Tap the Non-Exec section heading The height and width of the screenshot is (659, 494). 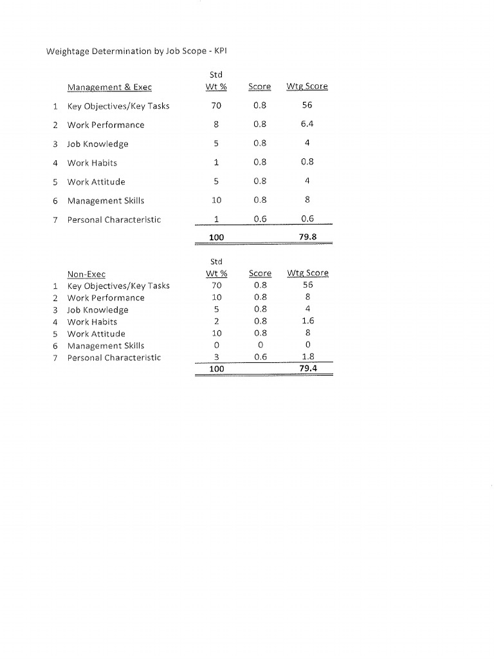pyautogui.click(x=86, y=274)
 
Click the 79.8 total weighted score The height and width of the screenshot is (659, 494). pyautogui.click(x=307, y=237)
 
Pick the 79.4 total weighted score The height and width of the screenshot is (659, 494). pyautogui.click(x=307, y=369)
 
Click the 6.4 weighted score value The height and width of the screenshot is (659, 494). pyautogui.click(x=307, y=125)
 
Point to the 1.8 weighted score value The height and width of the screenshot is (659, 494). pyautogui.click(x=307, y=357)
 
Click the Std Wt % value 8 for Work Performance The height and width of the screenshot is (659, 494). pyautogui.click(x=216, y=125)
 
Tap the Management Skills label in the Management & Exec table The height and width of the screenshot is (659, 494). pyautogui.click(x=105, y=201)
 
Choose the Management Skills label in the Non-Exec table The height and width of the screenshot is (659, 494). pyautogui.click(x=105, y=346)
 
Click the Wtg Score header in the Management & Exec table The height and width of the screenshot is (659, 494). pyautogui.click(x=307, y=87)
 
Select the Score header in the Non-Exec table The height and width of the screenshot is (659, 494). pyautogui.click(x=260, y=274)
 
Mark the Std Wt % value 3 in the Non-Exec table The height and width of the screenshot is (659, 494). pyautogui.click(x=217, y=357)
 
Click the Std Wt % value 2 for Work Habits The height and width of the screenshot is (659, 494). pyautogui.click(x=217, y=322)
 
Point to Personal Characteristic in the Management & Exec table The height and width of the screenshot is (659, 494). pyautogui.click(x=114, y=219)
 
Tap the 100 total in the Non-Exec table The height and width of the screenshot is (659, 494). pyautogui.click(x=217, y=369)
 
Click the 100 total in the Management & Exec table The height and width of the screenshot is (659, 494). pyautogui.click(x=216, y=237)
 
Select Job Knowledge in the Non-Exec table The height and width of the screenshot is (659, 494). pyautogui.click(x=98, y=310)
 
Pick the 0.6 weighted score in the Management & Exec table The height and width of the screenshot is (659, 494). pyautogui.click(x=307, y=219)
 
